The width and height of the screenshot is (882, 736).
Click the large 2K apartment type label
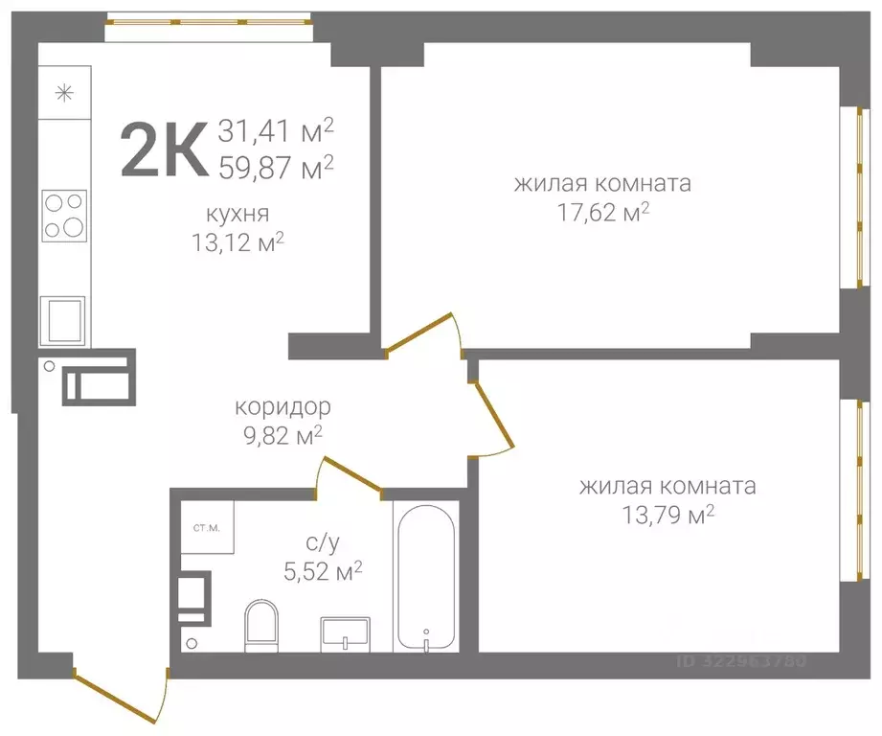click(x=164, y=150)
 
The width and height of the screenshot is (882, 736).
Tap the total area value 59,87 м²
click(x=276, y=167)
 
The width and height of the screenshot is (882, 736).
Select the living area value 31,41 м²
click(x=276, y=130)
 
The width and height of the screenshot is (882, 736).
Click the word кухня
click(x=237, y=214)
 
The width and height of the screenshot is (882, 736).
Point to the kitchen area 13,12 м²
click(x=237, y=241)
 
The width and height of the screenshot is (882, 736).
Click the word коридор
click(x=283, y=407)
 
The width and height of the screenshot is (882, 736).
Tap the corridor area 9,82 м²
click(x=283, y=435)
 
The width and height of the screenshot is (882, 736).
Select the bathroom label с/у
click(x=323, y=543)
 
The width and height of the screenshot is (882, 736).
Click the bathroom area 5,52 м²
click(x=323, y=571)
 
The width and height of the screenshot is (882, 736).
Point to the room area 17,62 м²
click(x=603, y=213)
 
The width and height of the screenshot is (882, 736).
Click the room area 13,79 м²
click(x=667, y=515)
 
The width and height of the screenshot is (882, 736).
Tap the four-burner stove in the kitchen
click(x=64, y=216)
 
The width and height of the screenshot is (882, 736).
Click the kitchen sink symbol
click(x=63, y=321)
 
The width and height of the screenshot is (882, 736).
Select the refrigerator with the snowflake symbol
click(x=65, y=92)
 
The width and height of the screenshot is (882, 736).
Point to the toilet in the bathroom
click(x=261, y=626)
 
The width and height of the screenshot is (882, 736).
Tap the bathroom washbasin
click(x=345, y=634)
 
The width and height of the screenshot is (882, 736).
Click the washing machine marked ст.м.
click(x=207, y=527)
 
